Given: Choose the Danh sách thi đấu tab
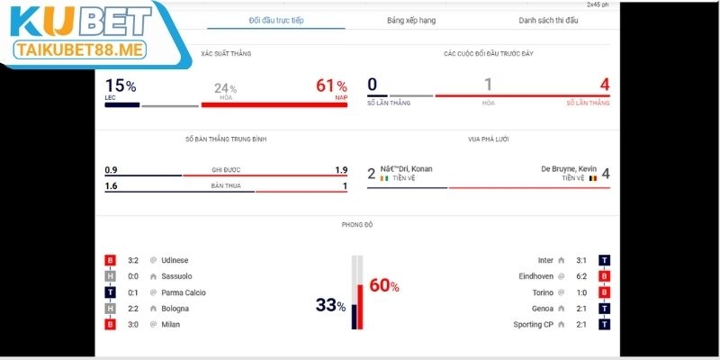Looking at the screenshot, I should (549, 20).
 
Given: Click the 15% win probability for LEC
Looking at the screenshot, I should (120, 86).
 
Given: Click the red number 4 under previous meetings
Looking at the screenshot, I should (605, 85).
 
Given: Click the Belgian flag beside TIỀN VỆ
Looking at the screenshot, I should (592, 178).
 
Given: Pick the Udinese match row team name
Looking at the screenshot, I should (176, 260).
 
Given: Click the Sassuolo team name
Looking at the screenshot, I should (177, 276).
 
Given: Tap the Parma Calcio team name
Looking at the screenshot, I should (184, 292).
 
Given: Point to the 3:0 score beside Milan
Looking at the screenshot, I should (132, 324).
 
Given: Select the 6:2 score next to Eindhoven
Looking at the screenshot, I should (580, 276).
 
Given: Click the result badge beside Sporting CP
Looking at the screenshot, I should (605, 324).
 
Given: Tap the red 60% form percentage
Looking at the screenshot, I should (384, 286).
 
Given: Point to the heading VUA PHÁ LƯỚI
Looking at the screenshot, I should (489, 139).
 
